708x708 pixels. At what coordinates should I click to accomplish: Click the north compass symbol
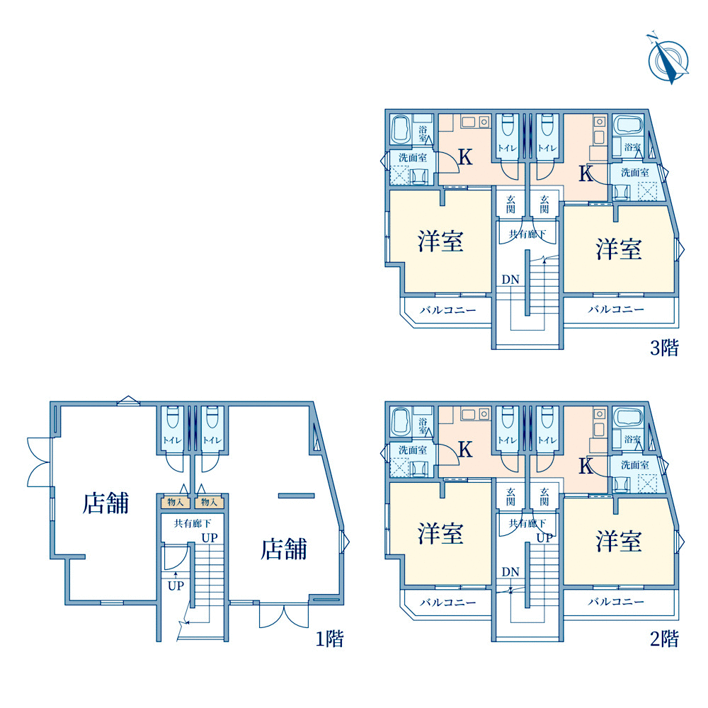coord(668,59)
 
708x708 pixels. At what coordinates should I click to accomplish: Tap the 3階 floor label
coord(664,348)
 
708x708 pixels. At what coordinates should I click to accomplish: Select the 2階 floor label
coord(664,639)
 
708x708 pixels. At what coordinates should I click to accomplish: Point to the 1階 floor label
coord(330,639)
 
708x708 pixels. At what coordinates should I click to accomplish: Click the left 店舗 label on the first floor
coord(105,503)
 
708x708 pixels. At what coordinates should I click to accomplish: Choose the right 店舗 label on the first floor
coord(284,549)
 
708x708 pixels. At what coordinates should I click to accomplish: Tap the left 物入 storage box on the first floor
coord(176,502)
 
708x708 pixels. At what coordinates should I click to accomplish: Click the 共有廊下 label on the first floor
coord(193,523)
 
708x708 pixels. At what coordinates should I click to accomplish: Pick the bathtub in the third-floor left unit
coord(400,130)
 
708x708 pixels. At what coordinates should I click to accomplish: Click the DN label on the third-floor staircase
coord(510,280)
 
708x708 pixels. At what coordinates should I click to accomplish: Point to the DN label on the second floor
coord(510,571)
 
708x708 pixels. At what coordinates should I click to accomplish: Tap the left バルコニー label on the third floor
coord(448,310)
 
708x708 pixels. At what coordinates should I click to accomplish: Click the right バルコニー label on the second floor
coord(616,601)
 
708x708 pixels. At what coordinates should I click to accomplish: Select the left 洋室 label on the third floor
coord(440,241)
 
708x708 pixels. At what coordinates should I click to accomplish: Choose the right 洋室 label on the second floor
coord(619,541)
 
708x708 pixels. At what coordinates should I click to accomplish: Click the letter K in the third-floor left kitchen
coord(466,157)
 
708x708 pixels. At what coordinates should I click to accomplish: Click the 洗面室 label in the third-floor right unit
coord(635,173)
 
